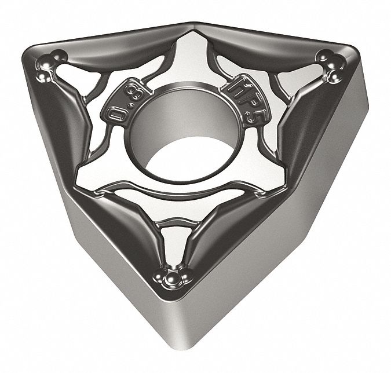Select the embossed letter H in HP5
[234, 88]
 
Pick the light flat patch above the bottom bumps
[173, 243]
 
